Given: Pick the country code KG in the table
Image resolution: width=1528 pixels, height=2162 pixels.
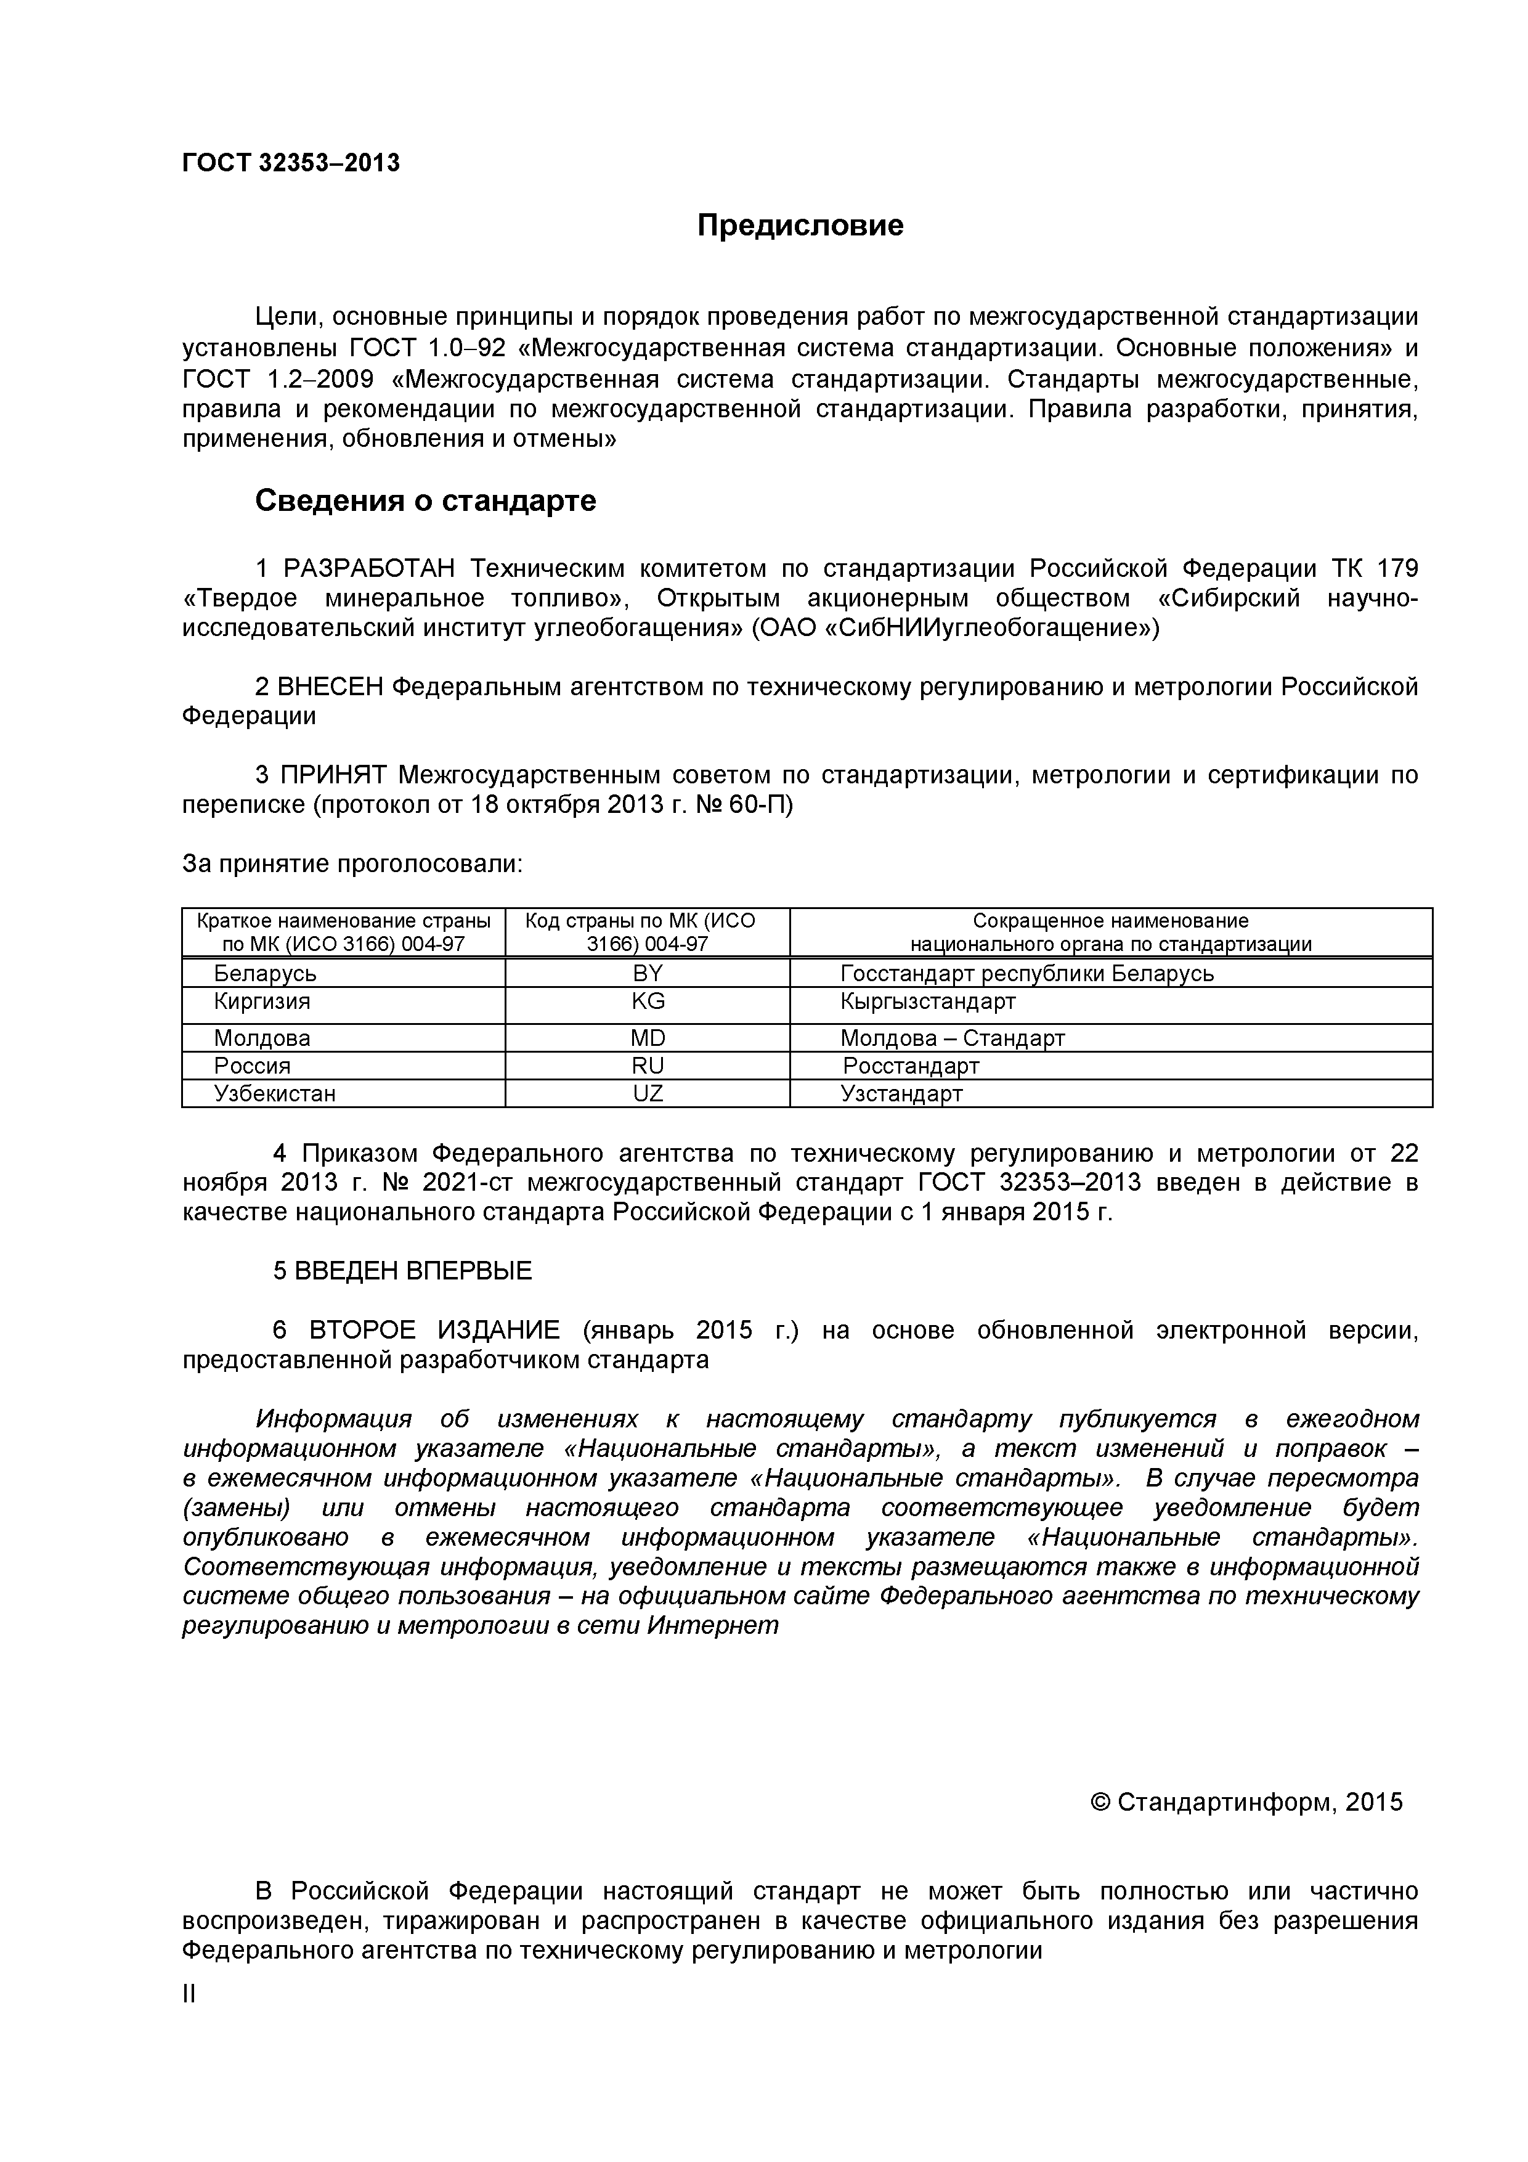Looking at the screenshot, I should tap(648, 1001).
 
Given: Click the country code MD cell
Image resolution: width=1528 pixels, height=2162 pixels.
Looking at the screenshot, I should tap(648, 1038).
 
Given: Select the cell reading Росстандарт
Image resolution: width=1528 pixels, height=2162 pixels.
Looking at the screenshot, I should tap(911, 1066).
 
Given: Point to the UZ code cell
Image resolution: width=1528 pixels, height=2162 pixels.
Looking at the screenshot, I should tap(648, 1093).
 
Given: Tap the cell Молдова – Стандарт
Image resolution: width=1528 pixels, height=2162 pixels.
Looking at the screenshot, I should tap(952, 1038).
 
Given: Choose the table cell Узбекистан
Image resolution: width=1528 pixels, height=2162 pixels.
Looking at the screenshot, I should tap(274, 1093).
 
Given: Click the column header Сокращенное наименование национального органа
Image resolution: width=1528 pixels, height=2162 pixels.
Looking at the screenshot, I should tap(1110, 932).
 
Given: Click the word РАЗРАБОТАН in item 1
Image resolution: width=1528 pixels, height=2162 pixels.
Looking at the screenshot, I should tap(368, 569).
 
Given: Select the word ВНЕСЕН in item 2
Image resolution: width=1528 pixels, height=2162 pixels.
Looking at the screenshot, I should tap(330, 687).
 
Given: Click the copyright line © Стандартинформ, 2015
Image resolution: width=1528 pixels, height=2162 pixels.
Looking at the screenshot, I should tap(1246, 1801).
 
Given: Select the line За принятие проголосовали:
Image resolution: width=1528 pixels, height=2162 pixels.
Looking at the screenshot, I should tap(352, 863).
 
